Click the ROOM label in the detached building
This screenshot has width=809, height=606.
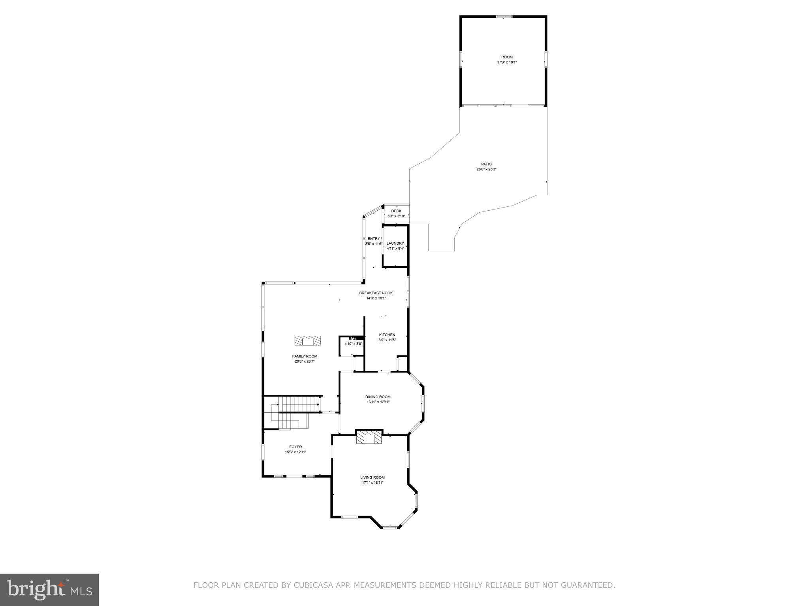point(507,57)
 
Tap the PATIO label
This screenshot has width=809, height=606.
point(486,164)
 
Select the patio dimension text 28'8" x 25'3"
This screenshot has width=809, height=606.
point(486,169)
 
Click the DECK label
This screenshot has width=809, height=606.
point(396,211)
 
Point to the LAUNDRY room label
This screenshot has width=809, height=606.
point(395,243)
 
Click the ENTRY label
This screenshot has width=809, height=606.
point(374,239)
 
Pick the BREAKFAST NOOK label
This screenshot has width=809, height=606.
point(376,293)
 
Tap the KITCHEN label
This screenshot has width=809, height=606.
point(387,335)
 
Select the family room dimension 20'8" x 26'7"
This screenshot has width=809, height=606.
point(305,361)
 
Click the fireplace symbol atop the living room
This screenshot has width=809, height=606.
point(369,437)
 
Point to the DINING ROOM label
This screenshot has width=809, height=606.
point(378,397)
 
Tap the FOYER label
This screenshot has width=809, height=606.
point(295,447)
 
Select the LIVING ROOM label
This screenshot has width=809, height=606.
point(372,477)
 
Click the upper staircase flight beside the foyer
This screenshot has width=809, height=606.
point(298,405)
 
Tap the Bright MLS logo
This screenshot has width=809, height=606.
point(49,590)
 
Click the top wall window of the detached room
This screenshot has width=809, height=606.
point(504,17)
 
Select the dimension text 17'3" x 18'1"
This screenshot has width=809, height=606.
point(507,62)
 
